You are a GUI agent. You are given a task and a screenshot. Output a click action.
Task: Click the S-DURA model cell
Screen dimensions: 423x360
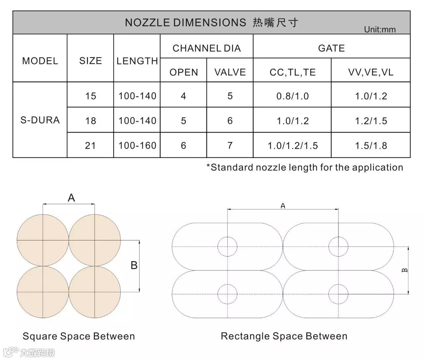(x=40, y=120)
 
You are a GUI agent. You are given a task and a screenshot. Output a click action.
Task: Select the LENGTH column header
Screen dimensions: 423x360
(x=137, y=61)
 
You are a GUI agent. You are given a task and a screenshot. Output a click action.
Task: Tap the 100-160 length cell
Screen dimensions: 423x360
(x=137, y=145)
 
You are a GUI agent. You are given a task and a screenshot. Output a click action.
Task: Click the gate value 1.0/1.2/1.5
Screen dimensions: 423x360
(x=292, y=146)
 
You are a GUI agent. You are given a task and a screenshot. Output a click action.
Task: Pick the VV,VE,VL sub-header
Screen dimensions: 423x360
(x=371, y=72)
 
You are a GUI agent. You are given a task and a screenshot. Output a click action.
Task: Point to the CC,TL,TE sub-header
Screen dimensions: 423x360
(x=292, y=72)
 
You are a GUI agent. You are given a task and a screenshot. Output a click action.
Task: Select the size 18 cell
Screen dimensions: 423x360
(x=91, y=121)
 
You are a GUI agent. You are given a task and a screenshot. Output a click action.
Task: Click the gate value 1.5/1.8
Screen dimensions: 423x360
(x=371, y=146)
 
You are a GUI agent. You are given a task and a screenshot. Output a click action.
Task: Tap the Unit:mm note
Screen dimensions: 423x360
(x=380, y=29)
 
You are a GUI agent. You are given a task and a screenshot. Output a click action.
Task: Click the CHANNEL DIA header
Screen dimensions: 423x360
(x=207, y=48)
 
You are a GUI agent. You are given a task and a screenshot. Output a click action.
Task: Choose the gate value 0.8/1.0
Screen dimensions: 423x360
(x=292, y=96)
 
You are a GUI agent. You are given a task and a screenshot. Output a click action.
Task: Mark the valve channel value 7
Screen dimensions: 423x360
(x=230, y=145)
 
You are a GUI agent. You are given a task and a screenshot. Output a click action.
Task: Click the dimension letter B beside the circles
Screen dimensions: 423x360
(x=134, y=265)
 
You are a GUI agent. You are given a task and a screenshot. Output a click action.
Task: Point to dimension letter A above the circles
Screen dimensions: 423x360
(x=71, y=198)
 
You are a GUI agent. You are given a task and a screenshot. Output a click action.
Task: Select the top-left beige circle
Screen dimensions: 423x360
(x=43, y=240)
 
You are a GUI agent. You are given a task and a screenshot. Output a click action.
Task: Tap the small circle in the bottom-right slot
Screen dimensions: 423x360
(x=338, y=294)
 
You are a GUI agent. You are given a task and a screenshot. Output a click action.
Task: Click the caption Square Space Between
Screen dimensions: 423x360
(x=79, y=336)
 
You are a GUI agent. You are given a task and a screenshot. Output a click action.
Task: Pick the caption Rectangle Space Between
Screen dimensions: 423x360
(x=284, y=336)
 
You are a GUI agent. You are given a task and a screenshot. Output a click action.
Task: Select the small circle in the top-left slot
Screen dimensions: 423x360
(x=227, y=246)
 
